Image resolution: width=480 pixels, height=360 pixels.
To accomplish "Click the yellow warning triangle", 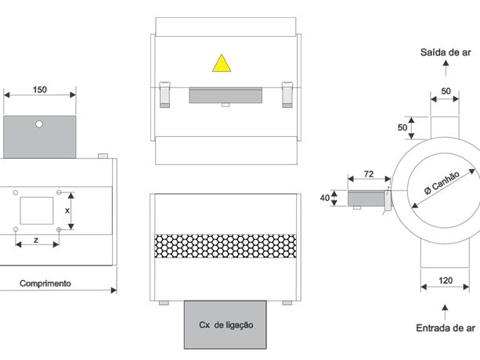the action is (222, 63).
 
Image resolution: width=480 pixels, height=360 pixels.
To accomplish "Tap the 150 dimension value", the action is (40, 90).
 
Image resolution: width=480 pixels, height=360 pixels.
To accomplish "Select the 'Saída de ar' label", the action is (446, 52).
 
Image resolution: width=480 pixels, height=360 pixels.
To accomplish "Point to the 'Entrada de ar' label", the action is (446, 328).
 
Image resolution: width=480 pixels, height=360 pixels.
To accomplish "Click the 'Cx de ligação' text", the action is (226, 325).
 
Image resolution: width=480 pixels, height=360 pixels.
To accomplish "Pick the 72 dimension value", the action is (369, 174).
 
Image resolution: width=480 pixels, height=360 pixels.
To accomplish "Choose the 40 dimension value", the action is (325, 198).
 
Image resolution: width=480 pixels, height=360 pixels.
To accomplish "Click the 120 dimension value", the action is (446, 280).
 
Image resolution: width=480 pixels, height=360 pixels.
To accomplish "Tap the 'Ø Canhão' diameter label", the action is (442, 182).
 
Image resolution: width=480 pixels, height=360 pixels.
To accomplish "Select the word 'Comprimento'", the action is (45, 283).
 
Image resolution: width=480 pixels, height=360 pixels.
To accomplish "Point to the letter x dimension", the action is (67, 211).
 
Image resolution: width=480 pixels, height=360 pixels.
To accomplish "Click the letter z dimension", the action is (36, 240).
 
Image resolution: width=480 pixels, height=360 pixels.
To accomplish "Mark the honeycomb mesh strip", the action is (226, 246).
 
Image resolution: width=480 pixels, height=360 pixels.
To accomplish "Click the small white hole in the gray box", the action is (39, 124).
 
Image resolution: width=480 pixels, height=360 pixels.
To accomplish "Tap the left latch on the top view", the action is (164, 95).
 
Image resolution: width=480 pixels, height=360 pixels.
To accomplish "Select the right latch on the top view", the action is (287, 95).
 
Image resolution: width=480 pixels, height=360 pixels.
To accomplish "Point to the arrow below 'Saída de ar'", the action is (446, 68).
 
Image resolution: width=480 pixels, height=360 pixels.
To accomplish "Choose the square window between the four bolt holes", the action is (37, 211).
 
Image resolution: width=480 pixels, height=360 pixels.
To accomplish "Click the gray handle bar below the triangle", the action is (226, 95).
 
